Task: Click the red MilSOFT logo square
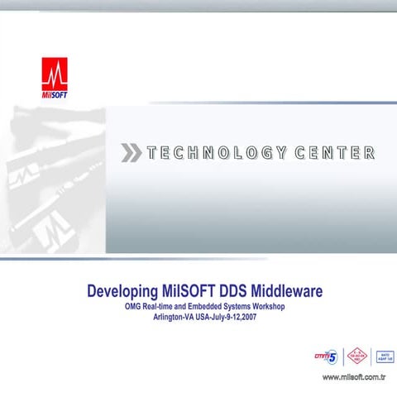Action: pos(56,74)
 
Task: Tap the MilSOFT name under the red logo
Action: pos(56,94)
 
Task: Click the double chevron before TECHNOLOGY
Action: pos(131,152)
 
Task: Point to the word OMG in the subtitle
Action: pos(133,307)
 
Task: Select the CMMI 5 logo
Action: pos(323,356)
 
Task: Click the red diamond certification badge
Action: pos(356,356)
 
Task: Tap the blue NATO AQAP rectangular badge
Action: pos(385,356)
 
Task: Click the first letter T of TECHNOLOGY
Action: pos(151,152)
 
